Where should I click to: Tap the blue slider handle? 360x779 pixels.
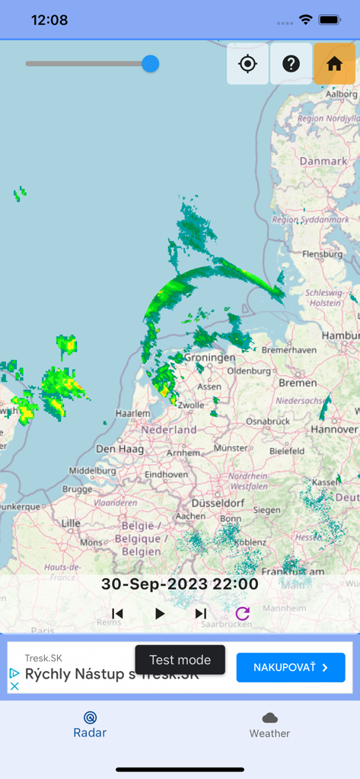(151, 64)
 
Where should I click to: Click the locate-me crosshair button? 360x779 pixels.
(247, 64)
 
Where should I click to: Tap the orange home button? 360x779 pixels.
(334, 64)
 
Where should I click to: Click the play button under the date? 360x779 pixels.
(160, 613)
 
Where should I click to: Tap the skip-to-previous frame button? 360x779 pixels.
(117, 613)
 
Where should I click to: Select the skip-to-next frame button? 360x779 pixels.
(201, 613)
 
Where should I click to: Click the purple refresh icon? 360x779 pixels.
(242, 613)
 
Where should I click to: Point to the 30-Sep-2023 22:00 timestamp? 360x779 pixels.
(180, 584)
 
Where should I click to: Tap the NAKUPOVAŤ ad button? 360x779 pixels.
(291, 667)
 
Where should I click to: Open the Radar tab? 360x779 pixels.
(90, 724)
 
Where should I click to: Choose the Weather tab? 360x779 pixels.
(269, 724)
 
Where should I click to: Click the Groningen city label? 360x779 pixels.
(210, 358)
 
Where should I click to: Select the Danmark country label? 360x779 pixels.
(323, 161)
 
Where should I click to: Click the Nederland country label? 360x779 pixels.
(169, 430)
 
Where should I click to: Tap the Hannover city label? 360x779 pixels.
(334, 430)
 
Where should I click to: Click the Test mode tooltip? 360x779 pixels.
(180, 660)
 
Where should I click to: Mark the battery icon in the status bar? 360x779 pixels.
(330, 20)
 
